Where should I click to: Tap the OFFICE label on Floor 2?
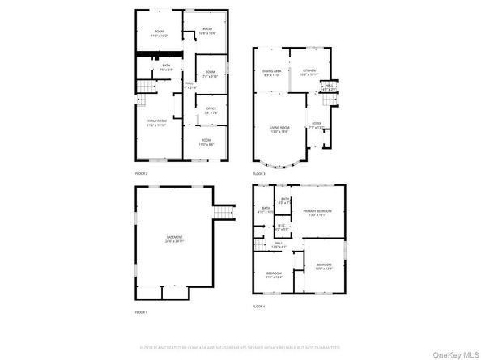(211, 110)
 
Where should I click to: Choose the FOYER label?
(317, 125)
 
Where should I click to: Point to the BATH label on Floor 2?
(166, 67)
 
